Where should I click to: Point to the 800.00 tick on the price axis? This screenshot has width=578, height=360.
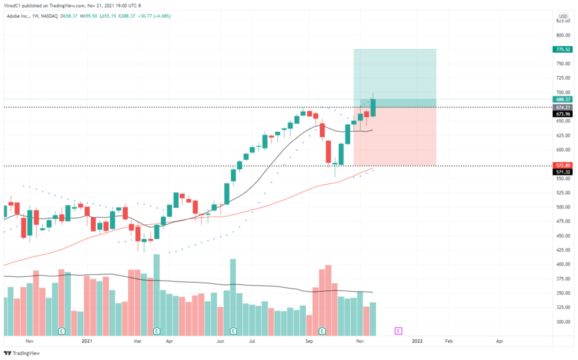point(562,35)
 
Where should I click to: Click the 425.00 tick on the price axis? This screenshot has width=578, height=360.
point(562,250)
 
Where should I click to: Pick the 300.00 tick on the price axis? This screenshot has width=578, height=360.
point(562,322)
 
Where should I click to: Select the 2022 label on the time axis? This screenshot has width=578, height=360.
point(417,342)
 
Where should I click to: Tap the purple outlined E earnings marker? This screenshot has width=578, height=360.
point(398,331)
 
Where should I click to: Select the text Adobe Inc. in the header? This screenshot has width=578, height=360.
point(19,16)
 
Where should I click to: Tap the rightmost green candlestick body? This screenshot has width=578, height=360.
point(373,107)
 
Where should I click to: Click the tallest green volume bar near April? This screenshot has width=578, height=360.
point(156,295)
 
